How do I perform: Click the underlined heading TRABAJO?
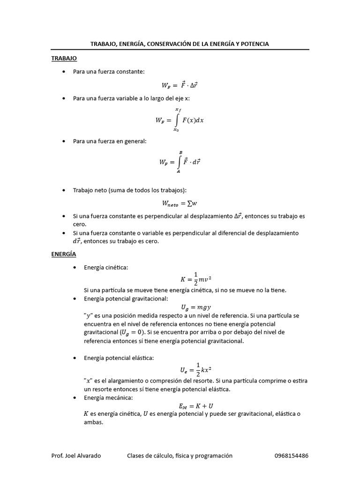64,58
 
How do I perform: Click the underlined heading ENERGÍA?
64,254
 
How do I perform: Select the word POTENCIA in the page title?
254,44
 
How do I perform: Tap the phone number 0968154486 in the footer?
291,456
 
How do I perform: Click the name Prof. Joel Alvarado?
76,456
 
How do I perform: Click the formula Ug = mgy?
196,307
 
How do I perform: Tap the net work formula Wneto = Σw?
180,203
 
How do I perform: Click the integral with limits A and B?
180,162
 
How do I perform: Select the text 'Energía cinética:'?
106,267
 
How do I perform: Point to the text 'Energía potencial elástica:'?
119,358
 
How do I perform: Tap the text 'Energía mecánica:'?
108,397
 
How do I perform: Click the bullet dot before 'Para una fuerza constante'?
64,72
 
